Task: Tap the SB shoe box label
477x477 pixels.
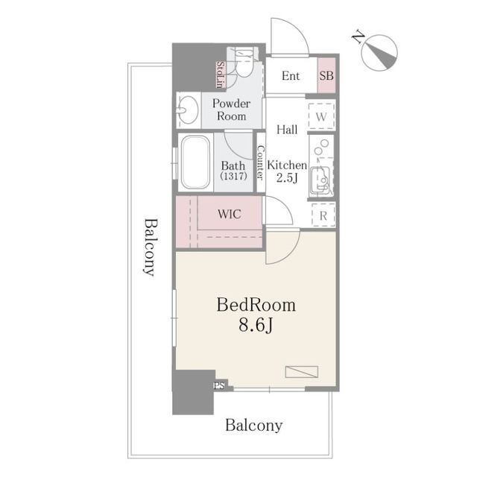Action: [x=326, y=75]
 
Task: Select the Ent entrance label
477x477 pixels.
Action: [x=291, y=75]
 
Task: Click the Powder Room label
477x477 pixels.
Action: [x=231, y=110]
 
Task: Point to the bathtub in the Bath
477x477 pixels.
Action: [x=196, y=164]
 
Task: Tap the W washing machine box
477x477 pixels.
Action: [x=322, y=117]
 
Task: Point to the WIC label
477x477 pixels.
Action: [x=229, y=214]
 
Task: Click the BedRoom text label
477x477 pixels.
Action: [x=256, y=305]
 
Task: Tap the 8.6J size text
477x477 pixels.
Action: [x=256, y=326]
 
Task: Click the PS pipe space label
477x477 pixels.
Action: [x=219, y=385]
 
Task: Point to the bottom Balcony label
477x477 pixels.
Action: [x=254, y=426]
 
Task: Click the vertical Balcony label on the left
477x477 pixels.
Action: [x=150, y=247]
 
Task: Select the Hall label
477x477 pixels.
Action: [x=287, y=130]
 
